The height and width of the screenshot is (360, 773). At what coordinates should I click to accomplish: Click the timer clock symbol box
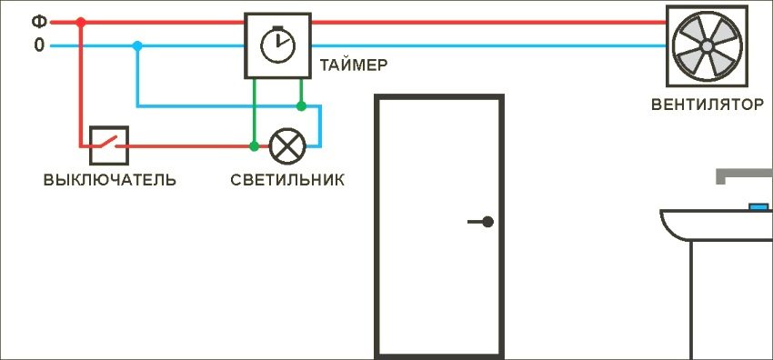point(277,45)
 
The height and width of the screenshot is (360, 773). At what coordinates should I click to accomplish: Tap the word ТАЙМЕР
point(354,65)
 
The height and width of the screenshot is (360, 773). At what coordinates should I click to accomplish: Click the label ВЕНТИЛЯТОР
point(708,104)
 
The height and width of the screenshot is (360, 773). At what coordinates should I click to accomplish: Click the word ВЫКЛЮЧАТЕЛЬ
point(110,179)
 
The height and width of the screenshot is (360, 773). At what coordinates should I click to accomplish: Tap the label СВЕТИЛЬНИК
point(287,179)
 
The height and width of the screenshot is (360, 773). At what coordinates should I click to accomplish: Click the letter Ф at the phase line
point(38,21)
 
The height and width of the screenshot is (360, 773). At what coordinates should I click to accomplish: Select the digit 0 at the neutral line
point(38,45)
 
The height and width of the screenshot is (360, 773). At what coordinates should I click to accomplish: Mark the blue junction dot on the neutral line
point(136,45)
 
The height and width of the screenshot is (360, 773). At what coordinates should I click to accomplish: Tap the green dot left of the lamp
point(254,145)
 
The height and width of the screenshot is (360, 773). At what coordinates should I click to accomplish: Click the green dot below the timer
point(301,106)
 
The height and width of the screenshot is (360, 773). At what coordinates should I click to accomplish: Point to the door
point(439,227)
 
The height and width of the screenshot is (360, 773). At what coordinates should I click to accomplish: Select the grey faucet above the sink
point(742,175)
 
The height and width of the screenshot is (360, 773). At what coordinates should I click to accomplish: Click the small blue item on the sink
point(758,206)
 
